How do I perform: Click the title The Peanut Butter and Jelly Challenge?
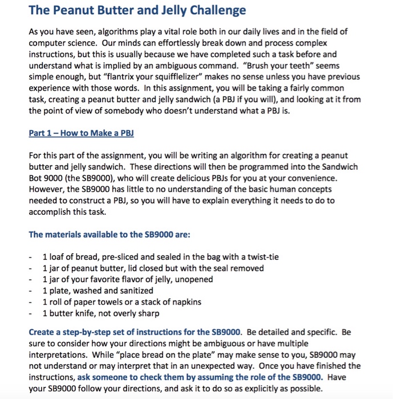[137, 10]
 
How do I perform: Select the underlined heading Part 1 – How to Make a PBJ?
[81, 133]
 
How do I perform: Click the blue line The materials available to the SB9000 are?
[105, 234]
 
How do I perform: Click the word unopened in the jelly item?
[194, 279]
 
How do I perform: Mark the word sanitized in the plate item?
[134, 290]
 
